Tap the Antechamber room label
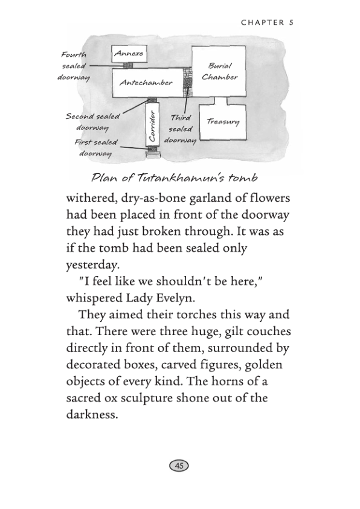[146, 83]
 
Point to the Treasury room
[223, 123]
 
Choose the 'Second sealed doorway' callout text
[92, 122]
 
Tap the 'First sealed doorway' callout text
[95, 148]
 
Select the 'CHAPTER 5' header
[266, 23]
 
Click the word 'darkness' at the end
[91, 415]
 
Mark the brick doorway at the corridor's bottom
[153, 155]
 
